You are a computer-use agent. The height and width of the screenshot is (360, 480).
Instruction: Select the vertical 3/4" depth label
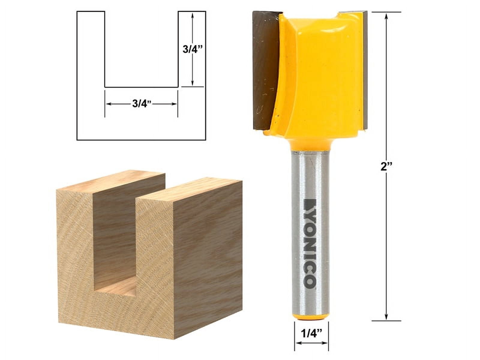tap(193, 49)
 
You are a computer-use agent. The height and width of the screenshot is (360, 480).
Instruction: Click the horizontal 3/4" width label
tap(141, 104)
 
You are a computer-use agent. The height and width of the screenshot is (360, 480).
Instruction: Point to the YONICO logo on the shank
tap(309, 243)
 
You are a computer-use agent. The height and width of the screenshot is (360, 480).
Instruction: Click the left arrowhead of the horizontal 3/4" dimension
tap(108, 104)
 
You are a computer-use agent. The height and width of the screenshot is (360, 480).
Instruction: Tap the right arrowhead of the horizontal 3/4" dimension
tap(175, 104)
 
